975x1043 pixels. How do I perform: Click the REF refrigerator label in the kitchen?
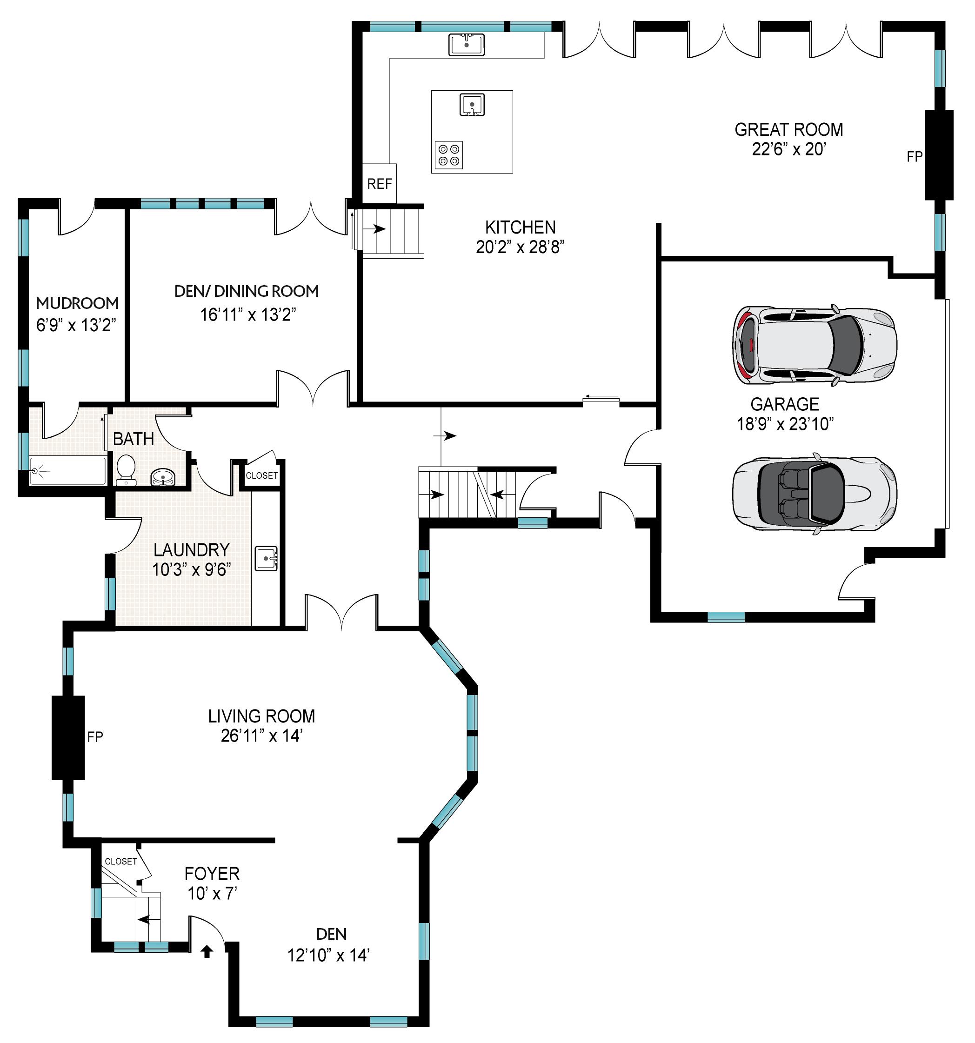click(x=379, y=184)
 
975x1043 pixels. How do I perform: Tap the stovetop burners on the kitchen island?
click(x=449, y=155)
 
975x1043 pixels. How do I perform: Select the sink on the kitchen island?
click(x=472, y=104)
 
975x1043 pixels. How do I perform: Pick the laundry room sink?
click(x=267, y=558)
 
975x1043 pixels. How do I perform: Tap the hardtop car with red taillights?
click(x=815, y=345)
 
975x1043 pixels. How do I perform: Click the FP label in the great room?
click(x=914, y=156)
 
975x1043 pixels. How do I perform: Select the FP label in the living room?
click(x=95, y=736)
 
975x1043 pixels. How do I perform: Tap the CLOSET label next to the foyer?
click(x=120, y=862)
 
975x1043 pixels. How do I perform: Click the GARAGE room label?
click(x=785, y=404)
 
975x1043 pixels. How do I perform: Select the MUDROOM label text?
click(x=77, y=303)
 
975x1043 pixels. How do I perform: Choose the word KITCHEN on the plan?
click(x=520, y=227)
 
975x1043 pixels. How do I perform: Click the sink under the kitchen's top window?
click(x=466, y=44)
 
